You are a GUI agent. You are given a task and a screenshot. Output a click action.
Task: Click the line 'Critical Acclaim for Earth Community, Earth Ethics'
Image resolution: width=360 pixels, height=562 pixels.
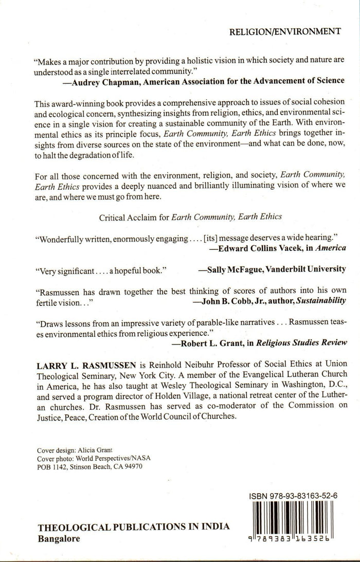190,216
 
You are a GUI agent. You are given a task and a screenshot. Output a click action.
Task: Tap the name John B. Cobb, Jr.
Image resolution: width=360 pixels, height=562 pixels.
229,300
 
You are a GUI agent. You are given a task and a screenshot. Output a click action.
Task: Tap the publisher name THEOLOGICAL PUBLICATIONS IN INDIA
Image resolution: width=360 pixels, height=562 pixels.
134,528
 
